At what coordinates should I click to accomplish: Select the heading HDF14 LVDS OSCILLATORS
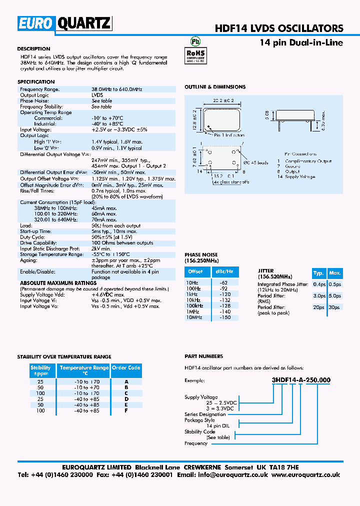[x=279, y=28]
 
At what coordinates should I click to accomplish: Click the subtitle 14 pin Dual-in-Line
[x=301, y=43]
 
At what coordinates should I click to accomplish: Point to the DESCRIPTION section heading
[x=33, y=49]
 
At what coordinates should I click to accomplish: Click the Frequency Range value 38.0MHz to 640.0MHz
[x=117, y=89]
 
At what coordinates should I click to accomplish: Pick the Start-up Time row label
[x=35, y=231]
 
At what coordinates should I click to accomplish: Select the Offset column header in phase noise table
[x=195, y=271]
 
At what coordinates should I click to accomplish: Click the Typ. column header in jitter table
[x=318, y=273]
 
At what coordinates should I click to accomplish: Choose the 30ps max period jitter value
[x=334, y=307]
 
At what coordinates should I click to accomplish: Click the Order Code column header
[x=126, y=368]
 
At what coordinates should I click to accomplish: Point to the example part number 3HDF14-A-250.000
[x=301, y=380]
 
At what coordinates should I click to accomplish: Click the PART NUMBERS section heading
[x=204, y=356]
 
